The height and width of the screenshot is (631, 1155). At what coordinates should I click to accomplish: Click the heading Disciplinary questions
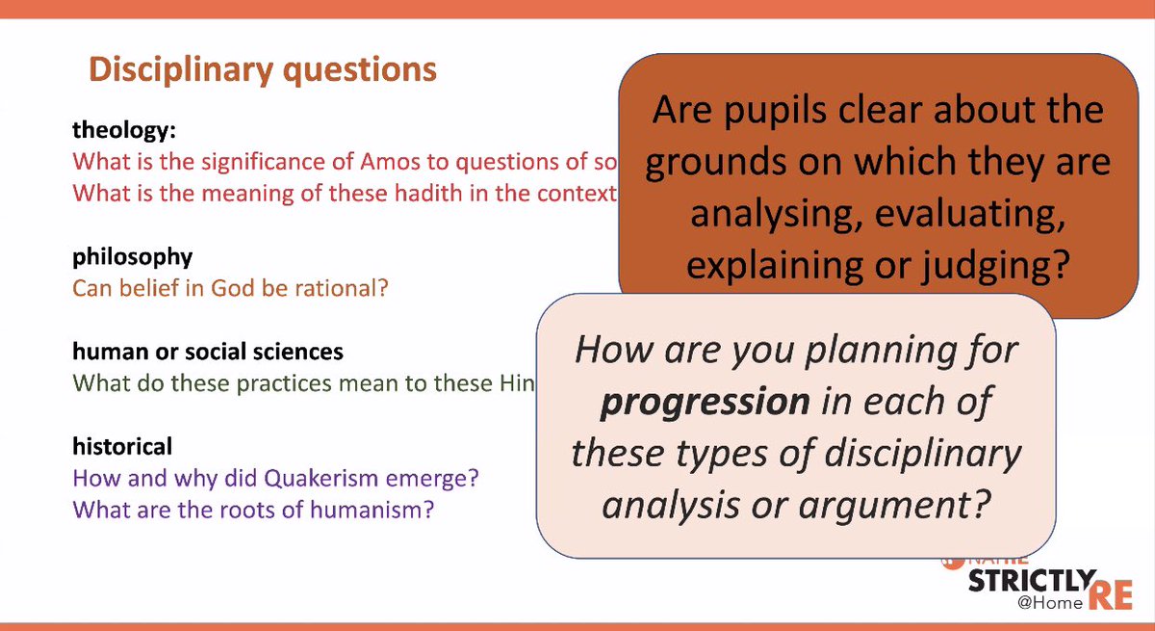262,70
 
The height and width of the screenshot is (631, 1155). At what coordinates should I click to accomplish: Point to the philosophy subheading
133,257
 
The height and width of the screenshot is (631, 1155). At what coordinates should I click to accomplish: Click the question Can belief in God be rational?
230,288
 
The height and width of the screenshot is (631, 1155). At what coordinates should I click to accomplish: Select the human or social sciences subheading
208,352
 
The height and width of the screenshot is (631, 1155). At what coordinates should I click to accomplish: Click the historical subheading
122,446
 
